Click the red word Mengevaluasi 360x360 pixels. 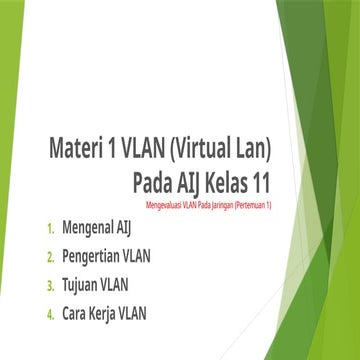click(x=166, y=204)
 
